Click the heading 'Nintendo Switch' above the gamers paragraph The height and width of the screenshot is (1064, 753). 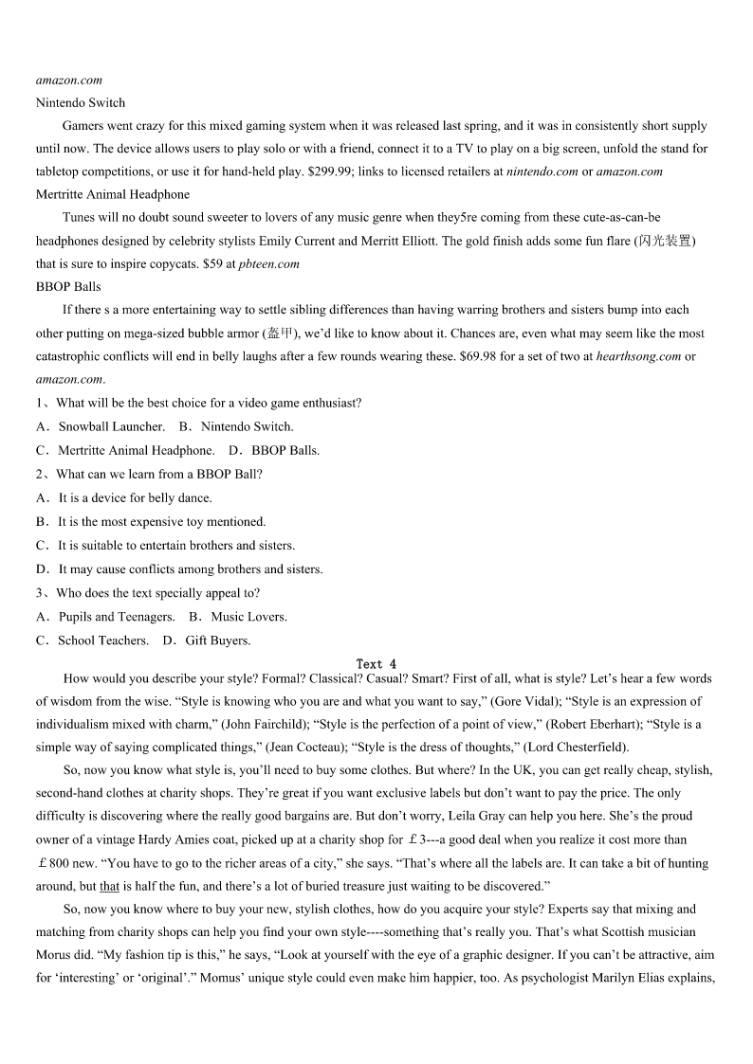(x=81, y=102)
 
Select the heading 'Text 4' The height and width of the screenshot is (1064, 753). (x=376, y=664)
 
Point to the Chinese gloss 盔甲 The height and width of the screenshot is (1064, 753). (x=280, y=334)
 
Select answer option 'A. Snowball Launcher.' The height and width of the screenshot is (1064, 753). (x=100, y=426)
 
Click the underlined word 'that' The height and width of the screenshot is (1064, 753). (x=109, y=886)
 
